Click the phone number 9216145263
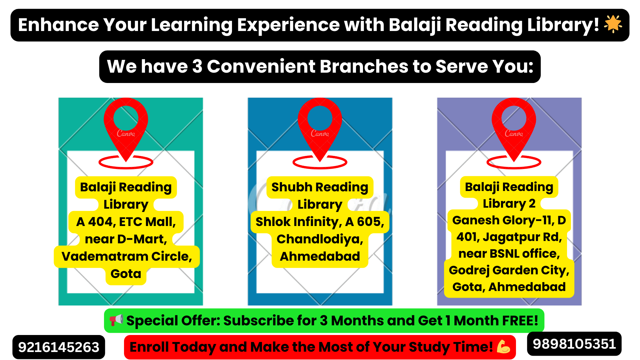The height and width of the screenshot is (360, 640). (x=59, y=347)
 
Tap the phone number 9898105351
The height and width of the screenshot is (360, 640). (x=574, y=344)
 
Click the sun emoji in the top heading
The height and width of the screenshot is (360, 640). (x=613, y=24)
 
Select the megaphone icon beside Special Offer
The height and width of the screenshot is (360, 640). (x=116, y=320)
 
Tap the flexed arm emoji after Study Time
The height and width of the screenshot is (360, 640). (x=503, y=347)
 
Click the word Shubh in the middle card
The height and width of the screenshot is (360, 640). (x=287, y=187)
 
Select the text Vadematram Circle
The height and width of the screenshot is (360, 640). (x=127, y=256)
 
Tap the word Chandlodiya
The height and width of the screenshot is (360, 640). (x=320, y=239)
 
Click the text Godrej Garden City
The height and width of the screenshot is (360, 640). (x=509, y=270)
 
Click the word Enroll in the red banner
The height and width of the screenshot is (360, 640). (x=149, y=347)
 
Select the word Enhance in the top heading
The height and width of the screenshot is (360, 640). (x=58, y=25)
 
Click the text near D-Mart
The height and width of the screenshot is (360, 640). (x=126, y=239)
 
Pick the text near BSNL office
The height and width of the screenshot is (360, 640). (x=509, y=254)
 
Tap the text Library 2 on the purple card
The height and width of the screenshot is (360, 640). (x=509, y=203)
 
